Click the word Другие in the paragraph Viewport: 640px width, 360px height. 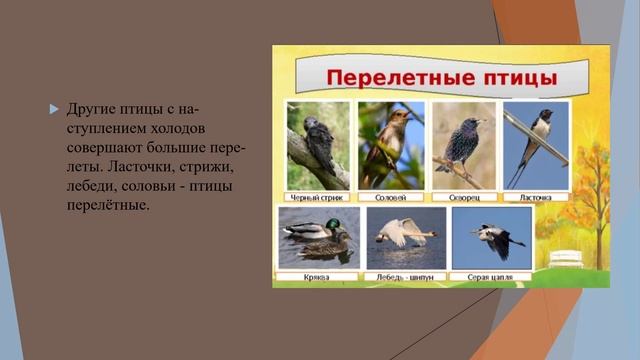[x=89, y=108]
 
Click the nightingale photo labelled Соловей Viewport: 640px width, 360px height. [x=391, y=145]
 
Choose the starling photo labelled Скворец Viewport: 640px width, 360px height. [x=464, y=145]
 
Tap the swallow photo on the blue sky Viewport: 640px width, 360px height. [x=535, y=145]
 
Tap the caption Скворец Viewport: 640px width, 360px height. [x=464, y=197]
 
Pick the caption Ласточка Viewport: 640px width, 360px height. [x=535, y=197]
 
